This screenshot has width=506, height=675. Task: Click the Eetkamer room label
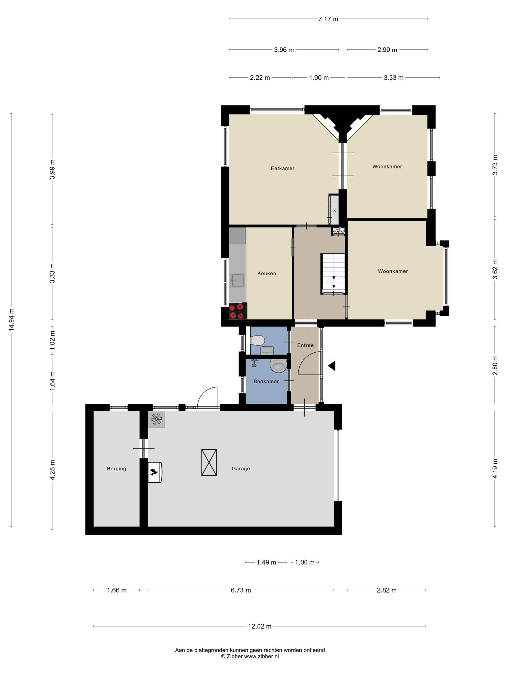282,168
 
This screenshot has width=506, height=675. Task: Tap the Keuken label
267,273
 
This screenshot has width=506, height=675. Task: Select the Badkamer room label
266,381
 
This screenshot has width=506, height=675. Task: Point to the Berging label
116,468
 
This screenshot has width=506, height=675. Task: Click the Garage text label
241,468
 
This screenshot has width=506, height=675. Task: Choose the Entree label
305,345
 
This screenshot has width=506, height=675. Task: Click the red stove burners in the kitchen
238,311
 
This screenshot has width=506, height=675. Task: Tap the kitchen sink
238,280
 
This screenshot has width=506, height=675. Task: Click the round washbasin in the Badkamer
278,365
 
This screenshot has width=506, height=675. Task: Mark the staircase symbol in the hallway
333,274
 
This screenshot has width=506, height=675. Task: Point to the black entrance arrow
332,366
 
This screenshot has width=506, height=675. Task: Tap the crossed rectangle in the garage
209,462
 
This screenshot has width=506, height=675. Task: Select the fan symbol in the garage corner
156,420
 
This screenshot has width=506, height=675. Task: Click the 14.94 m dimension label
12,320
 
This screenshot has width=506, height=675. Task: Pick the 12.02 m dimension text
260,626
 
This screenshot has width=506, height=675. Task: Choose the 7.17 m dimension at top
328,19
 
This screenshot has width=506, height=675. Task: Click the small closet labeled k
334,210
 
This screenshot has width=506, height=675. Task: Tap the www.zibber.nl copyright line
250,656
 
